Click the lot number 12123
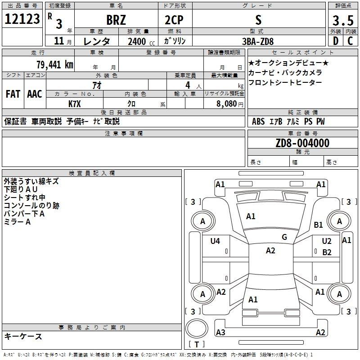tap(22, 19)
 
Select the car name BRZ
tap(116, 20)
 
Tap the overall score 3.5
tap(343, 20)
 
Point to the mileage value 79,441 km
tap(55, 65)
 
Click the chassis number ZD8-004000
tap(302, 143)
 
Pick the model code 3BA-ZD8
tap(258, 41)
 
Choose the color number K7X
tap(75, 104)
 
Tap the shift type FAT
tap(13, 94)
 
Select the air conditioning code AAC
tap(35, 94)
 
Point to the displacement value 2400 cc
tap(141, 41)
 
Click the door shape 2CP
tap(174, 20)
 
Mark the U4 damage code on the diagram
tap(215, 241)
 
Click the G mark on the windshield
tap(284, 237)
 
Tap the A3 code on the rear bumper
tap(220, 332)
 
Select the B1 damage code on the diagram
tap(318, 225)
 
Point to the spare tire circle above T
tap(197, 328)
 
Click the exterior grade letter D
tap(336, 41)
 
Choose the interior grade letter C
tap(350, 41)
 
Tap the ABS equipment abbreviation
tap(258, 121)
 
